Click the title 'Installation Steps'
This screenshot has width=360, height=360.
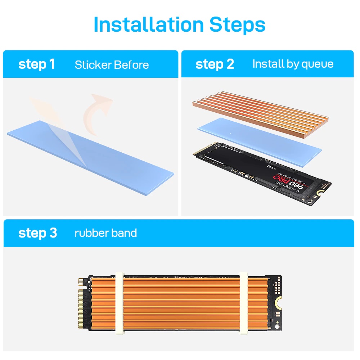click(179, 24)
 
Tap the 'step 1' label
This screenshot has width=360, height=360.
click(36, 64)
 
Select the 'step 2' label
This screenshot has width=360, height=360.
click(215, 64)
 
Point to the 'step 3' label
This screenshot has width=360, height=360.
click(37, 233)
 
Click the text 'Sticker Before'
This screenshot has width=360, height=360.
click(112, 65)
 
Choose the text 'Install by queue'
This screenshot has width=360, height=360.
click(293, 64)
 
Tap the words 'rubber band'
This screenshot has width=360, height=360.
click(105, 233)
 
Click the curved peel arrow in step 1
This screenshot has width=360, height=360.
click(96, 112)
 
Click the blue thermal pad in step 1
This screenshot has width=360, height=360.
click(108, 158)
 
